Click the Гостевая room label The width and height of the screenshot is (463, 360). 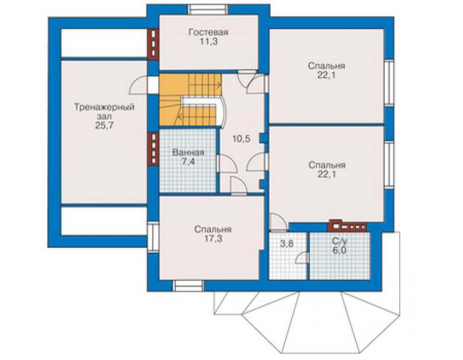pyautogui.click(x=208, y=32)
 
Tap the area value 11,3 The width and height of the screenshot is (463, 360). pyautogui.click(x=209, y=42)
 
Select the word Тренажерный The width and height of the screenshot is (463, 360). pyautogui.click(x=104, y=107)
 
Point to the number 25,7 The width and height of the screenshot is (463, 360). pyautogui.click(x=104, y=126)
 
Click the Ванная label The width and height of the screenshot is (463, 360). pyautogui.click(x=188, y=153)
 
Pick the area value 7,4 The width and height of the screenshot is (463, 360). pyautogui.click(x=188, y=162)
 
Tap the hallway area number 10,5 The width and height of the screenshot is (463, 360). pyautogui.click(x=242, y=138)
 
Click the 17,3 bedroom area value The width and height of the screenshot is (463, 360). pyautogui.click(x=213, y=239)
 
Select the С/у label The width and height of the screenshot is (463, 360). pyautogui.click(x=340, y=241)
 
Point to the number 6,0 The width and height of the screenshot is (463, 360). pyautogui.click(x=339, y=250)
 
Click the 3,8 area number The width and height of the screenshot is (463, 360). pyautogui.click(x=287, y=244)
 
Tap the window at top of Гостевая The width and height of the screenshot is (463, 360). pyautogui.click(x=209, y=10)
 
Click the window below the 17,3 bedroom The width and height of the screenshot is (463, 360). pyautogui.click(x=188, y=286)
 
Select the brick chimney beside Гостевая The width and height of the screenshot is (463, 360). pyautogui.click(x=153, y=44)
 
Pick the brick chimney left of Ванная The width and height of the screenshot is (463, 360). pyautogui.click(x=153, y=148)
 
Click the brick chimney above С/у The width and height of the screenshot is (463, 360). pyautogui.click(x=347, y=226)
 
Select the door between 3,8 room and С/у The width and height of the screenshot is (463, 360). pyautogui.click(x=302, y=257)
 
